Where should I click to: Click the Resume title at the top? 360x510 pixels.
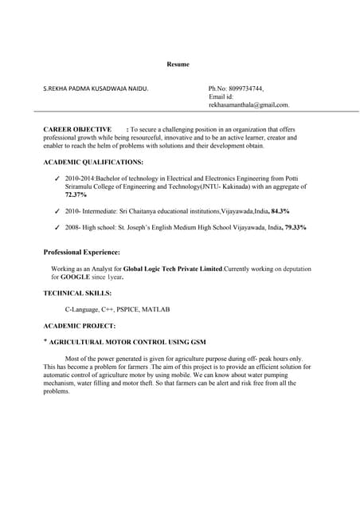(178, 64)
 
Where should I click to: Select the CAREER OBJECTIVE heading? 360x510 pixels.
(77, 129)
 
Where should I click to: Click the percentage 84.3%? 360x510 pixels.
(280, 211)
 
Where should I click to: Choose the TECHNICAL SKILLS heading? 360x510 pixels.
(77, 293)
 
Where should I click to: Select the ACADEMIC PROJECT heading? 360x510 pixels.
(79, 326)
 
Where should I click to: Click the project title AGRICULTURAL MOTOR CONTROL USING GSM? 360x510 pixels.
(127, 342)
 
